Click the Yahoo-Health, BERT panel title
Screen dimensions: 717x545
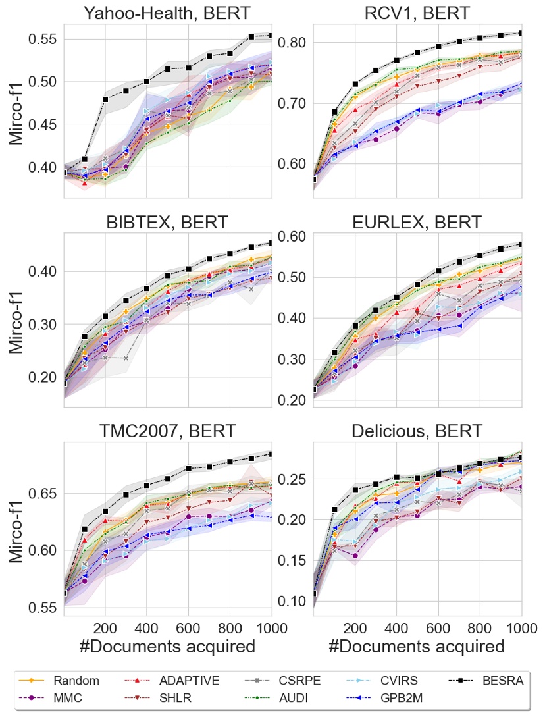pyautogui.click(x=167, y=13)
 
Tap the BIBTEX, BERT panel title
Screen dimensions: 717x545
pyautogui.click(x=167, y=223)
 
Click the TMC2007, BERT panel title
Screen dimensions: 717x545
pyautogui.click(x=167, y=432)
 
